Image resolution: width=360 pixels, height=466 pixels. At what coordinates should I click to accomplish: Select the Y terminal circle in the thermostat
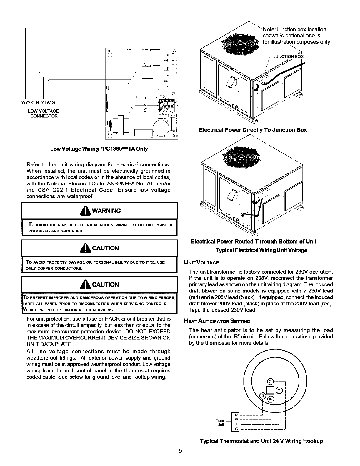280,390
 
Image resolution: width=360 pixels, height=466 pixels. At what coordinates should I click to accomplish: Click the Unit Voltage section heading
201,262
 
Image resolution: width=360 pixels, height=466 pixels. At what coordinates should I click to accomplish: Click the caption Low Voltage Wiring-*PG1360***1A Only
99,149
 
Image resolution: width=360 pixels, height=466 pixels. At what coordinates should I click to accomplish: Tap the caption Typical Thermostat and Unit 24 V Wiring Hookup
261,441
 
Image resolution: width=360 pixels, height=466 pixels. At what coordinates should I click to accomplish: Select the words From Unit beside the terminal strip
220,422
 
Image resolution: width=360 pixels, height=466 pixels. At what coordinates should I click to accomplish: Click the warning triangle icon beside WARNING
87,210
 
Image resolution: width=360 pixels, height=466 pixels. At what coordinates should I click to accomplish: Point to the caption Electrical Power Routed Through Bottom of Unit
254,242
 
